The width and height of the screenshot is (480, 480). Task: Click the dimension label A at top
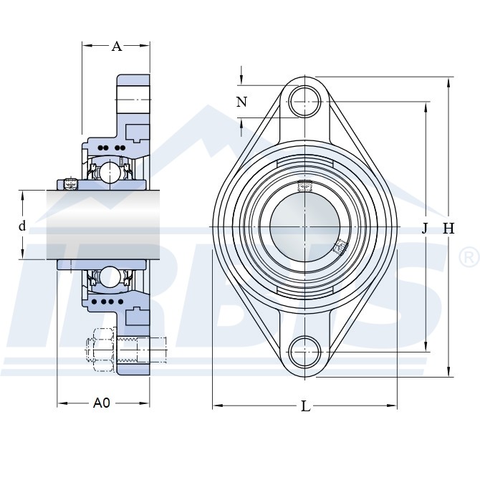click(117, 47)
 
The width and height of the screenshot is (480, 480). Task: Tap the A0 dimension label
click(102, 403)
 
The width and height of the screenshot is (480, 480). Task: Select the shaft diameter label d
click(22, 226)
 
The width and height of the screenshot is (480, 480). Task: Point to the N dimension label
click(242, 102)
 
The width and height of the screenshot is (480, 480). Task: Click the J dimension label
click(424, 228)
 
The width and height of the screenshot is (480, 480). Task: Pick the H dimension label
click(448, 229)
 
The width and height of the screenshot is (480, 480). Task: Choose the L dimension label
click(306, 406)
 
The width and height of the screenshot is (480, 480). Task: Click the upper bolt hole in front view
click(305, 102)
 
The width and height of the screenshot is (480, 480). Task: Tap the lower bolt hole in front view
click(305, 352)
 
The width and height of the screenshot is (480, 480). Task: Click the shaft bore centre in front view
click(305, 227)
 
